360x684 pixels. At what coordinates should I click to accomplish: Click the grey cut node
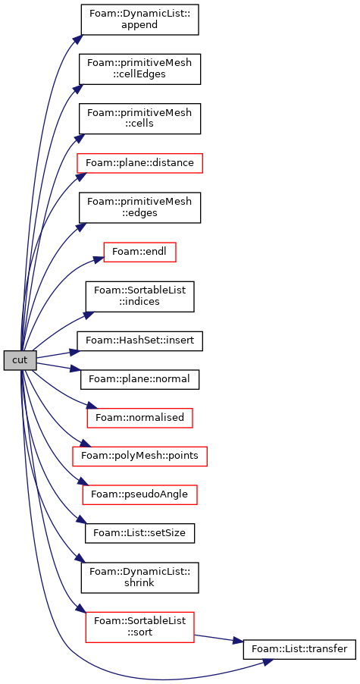click(x=20, y=360)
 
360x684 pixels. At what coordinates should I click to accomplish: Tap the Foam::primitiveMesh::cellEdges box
click(x=139, y=69)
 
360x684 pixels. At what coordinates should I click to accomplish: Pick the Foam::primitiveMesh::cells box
click(x=139, y=118)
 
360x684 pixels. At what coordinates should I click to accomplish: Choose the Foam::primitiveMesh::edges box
click(x=139, y=208)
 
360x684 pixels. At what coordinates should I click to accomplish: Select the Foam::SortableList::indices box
click(x=139, y=297)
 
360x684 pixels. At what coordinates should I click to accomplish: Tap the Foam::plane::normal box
click(x=139, y=379)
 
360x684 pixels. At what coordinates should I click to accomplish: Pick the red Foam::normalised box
click(x=139, y=418)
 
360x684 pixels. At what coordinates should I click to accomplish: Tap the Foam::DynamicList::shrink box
click(x=139, y=578)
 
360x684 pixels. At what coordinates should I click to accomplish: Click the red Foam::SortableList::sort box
click(x=139, y=627)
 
